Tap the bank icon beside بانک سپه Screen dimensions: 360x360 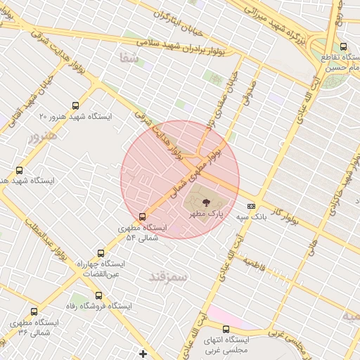[x=251, y=206]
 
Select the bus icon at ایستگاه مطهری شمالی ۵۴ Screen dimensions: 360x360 [x=143, y=217]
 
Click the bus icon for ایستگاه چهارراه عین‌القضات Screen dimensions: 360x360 [x=101, y=253]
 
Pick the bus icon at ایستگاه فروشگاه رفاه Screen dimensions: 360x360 [x=98, y=295]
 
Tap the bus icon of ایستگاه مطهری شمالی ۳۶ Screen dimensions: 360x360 [x=33, y=311]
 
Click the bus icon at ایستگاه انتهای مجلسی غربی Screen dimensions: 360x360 [x=226, y=329]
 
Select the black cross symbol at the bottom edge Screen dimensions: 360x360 [x=143, y=354]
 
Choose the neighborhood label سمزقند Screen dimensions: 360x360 [x=169, y=276]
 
